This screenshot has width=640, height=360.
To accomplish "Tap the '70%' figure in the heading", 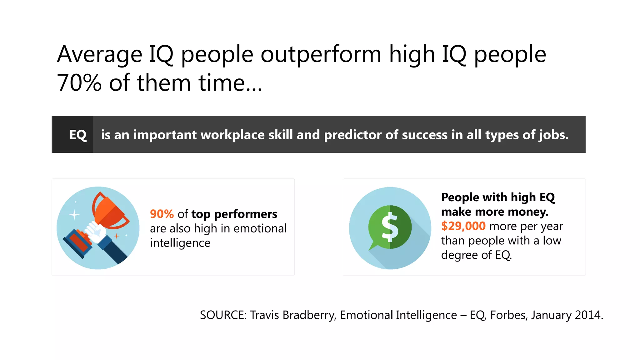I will coord(79,83).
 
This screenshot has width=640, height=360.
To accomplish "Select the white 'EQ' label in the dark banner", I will coord(77,135).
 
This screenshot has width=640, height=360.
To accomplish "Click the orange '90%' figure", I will coord(162,214).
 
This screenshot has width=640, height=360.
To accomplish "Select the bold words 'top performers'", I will coord(234,214).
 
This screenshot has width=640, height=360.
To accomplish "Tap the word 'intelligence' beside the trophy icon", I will coord(180,243).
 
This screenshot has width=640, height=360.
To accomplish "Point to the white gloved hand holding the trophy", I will coord(96,231).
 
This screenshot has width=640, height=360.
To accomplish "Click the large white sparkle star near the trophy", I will coord(74,215).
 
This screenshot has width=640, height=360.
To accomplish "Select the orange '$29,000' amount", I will coord(463,226).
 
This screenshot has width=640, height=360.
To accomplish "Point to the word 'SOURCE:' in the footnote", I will coord(223,315).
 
